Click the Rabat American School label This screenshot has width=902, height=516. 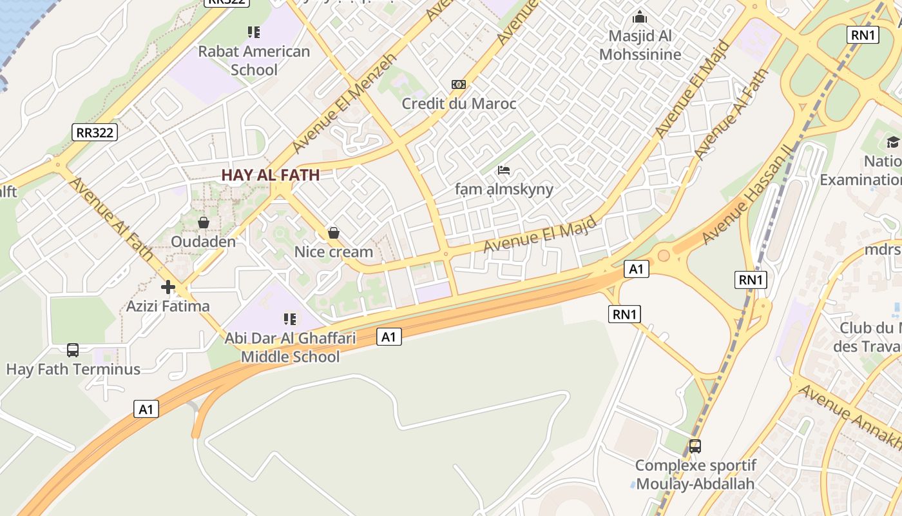(x=254, y=61)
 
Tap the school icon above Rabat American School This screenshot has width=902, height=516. (x=254, y=32)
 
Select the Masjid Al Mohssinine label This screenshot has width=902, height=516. (x=640, y=45)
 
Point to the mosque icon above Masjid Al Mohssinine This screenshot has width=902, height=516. (x=640, y=17)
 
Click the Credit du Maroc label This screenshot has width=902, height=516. (x=459, y=103)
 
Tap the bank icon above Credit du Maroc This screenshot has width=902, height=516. (x=459, y=84)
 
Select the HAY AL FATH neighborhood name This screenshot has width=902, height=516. (x=271, y=175)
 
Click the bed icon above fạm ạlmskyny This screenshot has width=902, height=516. (x=504, y=170)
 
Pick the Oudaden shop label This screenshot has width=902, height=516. (x=203, y=242)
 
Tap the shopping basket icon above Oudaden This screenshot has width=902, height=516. (x=204, y=223)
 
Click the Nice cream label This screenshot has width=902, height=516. (x=334, y=252)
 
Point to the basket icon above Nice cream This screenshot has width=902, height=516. (x=334, y=233)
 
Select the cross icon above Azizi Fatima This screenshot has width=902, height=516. (x=168, y=287)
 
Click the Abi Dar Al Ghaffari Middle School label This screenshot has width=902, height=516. (x=290, y=348)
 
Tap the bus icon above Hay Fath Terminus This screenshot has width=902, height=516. (x=73, y=350)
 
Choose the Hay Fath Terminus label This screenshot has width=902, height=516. (x=73, y=370)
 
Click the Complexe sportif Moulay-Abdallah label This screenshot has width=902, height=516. (x=695, y=474)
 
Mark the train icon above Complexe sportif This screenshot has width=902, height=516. (x=695, y=446)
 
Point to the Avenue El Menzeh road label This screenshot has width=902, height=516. (x=334, y=103)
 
